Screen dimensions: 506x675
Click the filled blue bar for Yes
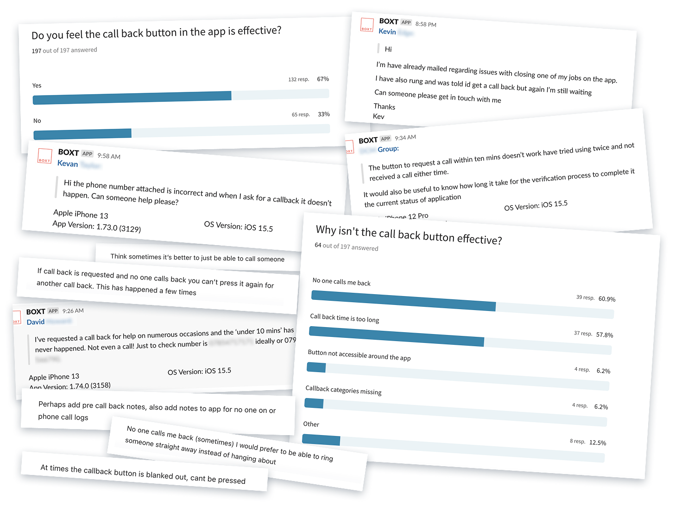coord(132,98)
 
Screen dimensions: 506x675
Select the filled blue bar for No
coord(82,134)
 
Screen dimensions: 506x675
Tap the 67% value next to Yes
coord(323,79)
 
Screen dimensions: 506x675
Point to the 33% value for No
coord(324,114)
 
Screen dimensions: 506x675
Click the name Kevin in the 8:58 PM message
coord(387,32)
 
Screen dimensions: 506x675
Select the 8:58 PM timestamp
coord(426,24)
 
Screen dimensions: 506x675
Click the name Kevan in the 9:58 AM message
coord(68,164)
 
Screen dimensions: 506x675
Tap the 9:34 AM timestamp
coord(405,138)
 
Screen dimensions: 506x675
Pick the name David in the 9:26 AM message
coord(36,322)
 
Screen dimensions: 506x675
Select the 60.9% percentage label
coord(607,299)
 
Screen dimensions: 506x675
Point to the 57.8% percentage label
coord(605,335)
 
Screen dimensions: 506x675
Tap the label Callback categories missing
coord(343,390)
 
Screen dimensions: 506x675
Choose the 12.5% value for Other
coord(598,443)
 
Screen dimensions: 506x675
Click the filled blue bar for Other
coord(321,440)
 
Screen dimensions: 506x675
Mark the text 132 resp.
coord(298,79)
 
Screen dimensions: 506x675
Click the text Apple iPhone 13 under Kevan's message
coord(81,214)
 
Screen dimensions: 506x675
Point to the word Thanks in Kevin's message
coord(385,107)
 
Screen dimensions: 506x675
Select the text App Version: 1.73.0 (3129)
coord(97,226)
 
